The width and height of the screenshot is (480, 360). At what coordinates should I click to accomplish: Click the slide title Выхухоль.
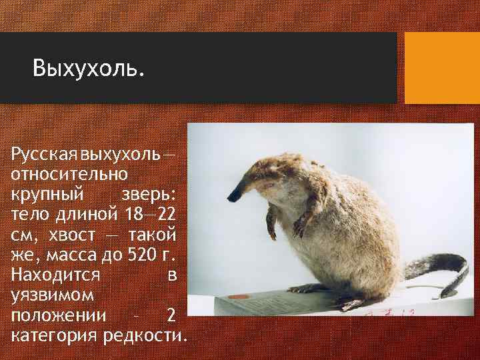pos(89,68)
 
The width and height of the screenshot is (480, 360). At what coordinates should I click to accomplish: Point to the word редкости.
pos(145,334)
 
